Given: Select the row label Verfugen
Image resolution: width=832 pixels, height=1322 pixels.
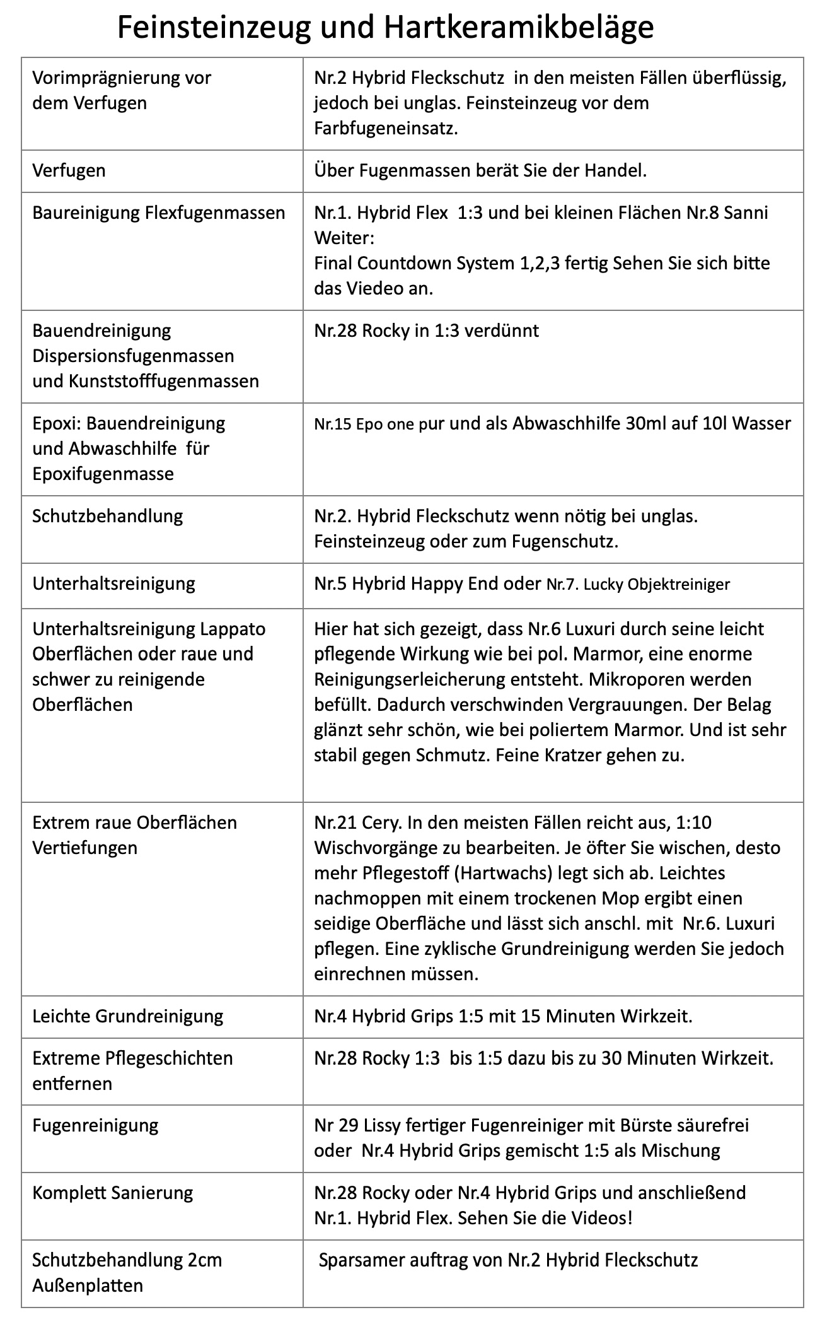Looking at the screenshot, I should [69, 170].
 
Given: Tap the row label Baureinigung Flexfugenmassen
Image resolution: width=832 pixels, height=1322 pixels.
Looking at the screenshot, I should [159, 213].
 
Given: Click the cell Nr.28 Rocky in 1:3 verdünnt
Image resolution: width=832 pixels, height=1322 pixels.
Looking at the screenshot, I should [426, 330].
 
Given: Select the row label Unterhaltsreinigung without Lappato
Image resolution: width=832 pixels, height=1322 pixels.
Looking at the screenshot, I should [114, 583].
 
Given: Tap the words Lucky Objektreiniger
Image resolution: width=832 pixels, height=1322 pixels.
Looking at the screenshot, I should [656, 584].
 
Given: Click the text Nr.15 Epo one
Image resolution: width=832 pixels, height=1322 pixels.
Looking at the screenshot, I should [364, 424].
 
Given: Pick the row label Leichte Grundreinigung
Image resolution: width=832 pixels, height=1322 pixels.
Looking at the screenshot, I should [128, 1016].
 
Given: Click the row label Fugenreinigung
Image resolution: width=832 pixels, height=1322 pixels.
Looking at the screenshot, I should [96, 1125].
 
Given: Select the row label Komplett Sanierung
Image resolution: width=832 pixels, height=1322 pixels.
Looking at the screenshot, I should [113, 1193].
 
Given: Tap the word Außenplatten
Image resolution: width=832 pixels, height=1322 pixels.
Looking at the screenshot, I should [88, 1285].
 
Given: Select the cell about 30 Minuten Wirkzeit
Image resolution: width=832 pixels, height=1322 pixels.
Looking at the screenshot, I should [543, 1058].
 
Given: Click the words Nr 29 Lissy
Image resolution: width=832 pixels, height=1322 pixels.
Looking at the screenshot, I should [358, 1125].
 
